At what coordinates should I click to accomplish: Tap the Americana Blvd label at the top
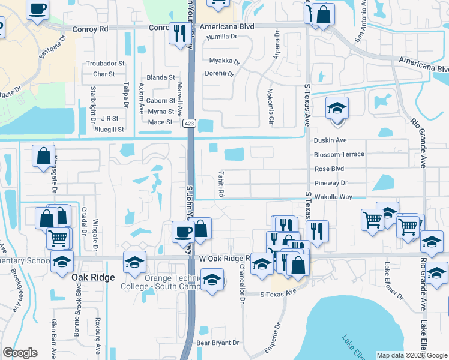coord(227,27)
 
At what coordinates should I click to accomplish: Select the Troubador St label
coord(105,63)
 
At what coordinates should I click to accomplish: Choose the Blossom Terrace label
coord(339,154)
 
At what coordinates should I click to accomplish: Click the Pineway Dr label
coord(330,183)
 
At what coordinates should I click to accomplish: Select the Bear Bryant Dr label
coord(218,343)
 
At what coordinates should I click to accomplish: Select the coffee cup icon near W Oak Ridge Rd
coord(182,231)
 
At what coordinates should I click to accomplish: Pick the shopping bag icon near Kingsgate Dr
coord(44,157)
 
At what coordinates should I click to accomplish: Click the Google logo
coord(20,353)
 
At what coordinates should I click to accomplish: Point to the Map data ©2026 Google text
coord(412,355)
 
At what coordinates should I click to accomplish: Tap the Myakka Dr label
coord(224,61)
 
